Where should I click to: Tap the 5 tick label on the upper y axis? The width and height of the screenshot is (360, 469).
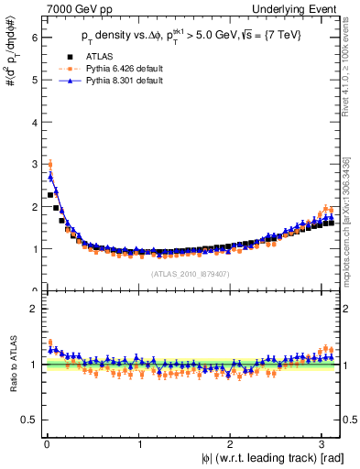click(34, 80)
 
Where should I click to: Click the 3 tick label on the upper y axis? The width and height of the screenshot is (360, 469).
click(34, 164)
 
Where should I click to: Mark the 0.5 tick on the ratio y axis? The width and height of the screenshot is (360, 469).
click(30, 420)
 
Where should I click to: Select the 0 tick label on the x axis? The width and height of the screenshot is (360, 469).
click(46, 444)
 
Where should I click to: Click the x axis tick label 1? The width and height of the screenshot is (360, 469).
click(138, 444)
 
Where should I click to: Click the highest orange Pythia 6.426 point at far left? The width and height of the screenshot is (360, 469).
click(49, 165)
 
